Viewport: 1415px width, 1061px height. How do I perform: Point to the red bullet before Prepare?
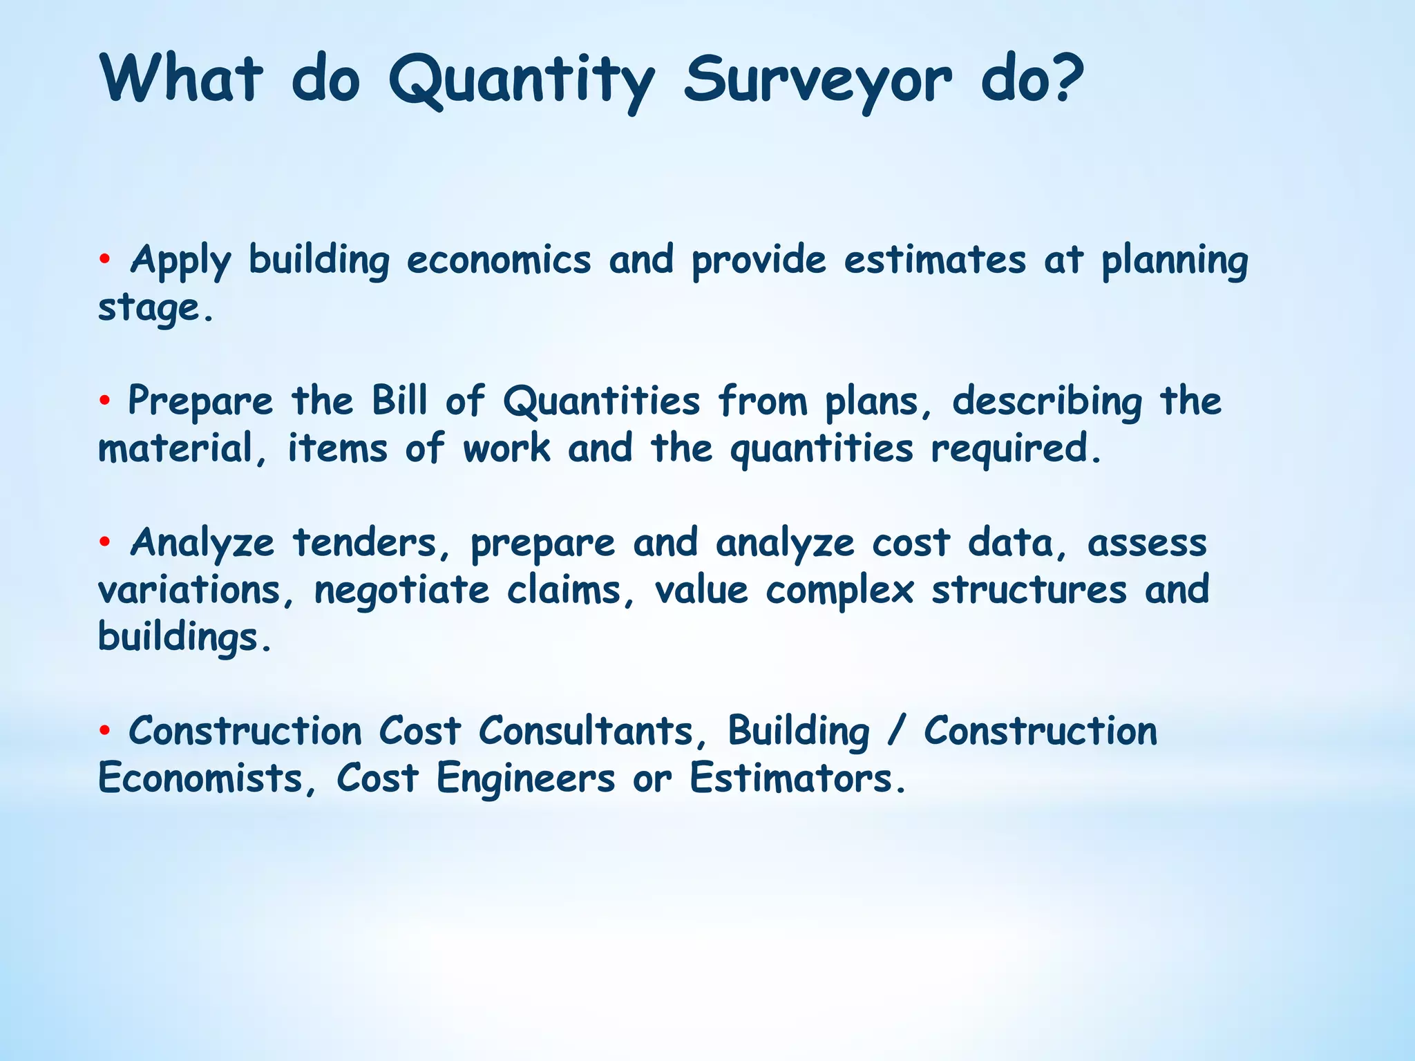(x=104, y=401)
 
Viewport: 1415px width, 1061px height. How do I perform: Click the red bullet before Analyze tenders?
(x=104, y=542)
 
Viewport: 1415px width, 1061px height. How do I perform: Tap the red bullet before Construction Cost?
(x=104, y=731)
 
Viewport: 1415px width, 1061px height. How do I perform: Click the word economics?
(x=498, y=260)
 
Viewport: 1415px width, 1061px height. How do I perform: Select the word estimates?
(x=934, y=260)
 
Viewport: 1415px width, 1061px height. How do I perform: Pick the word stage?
(x=155, y=309)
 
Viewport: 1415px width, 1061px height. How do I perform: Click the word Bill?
(x=399, y=401)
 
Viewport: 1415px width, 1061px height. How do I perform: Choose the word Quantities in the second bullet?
(x=601, y=402)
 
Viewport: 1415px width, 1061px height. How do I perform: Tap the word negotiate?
(x=401, y=591)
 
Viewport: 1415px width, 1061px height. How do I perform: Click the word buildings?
(x=184, y=637)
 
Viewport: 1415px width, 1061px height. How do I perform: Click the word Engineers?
(x=525, y=779)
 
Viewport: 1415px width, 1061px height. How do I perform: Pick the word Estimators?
(x=797, y=779)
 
